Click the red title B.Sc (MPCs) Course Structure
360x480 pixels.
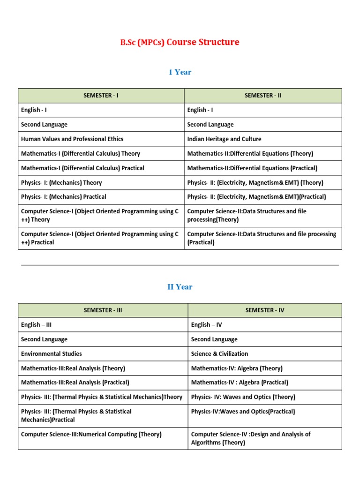click(180, 42)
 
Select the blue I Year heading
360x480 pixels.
click(180, 72)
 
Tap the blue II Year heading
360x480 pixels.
click(180, 287)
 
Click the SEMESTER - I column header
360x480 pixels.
click(101, 96)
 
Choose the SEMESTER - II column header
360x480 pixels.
click(262, 96)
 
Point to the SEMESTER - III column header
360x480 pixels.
click(103, 310)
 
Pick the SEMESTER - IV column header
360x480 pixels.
click(265, 310)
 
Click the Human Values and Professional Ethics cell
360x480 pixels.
click(72, 139)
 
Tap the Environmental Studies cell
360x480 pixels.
click(52, 353)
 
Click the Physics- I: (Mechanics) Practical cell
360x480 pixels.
click(64, 197)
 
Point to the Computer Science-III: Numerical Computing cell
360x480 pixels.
click(91, 435)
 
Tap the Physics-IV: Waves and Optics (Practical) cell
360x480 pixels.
click(243, 412)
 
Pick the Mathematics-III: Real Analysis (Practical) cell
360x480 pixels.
click(75, 382)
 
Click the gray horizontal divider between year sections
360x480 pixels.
click(180, 265)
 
